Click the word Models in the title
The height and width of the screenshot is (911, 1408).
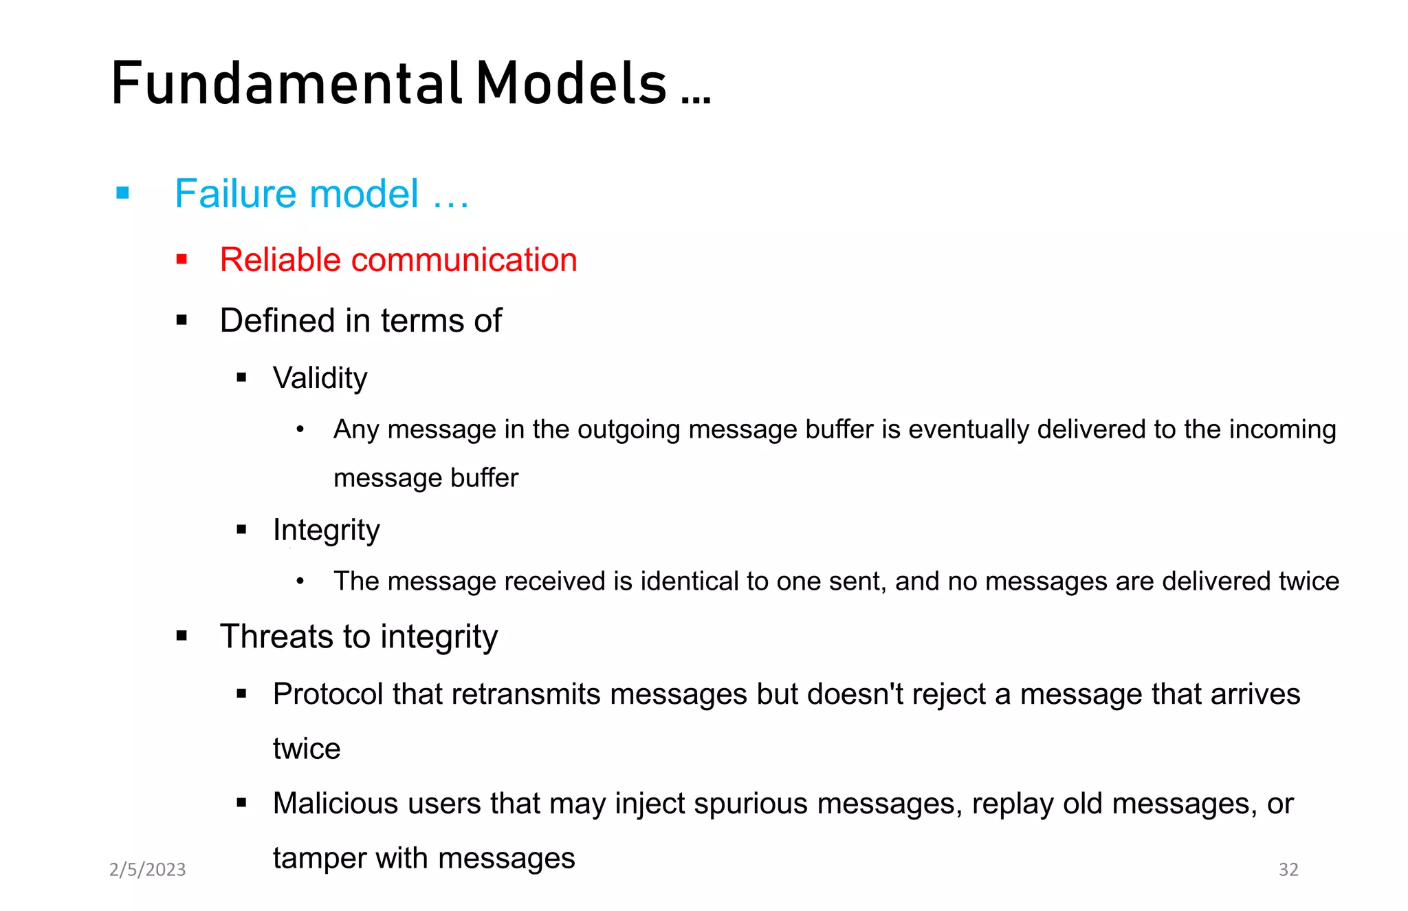pyautogui.click(x=571, y=84)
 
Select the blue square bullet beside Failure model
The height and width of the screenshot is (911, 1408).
pyautogui.click(x=123, y=193)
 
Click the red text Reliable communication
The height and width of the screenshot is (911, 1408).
pyautogui.click(x=398, y=260)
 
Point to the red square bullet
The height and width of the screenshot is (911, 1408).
pyautogui.click(x=181, y=259)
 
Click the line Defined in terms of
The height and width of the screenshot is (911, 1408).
pyautogui.click(x=360, y=321)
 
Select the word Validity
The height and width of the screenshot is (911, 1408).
pyautogui.click(x=320, y=378)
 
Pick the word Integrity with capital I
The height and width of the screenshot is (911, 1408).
pyautogui.click(x=326, y=530)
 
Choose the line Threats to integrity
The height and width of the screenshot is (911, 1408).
pyautogui.click(x=358, y=636)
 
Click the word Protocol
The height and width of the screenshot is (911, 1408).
pyautogui.click(x=327, y=694)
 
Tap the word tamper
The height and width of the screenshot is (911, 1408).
pyautogui.click(x=318, y=859)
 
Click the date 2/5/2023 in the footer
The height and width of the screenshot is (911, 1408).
pyautogui.click(x=148, y=870)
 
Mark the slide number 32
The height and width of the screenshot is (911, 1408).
pyautogui.click(x=1288, y=870)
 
